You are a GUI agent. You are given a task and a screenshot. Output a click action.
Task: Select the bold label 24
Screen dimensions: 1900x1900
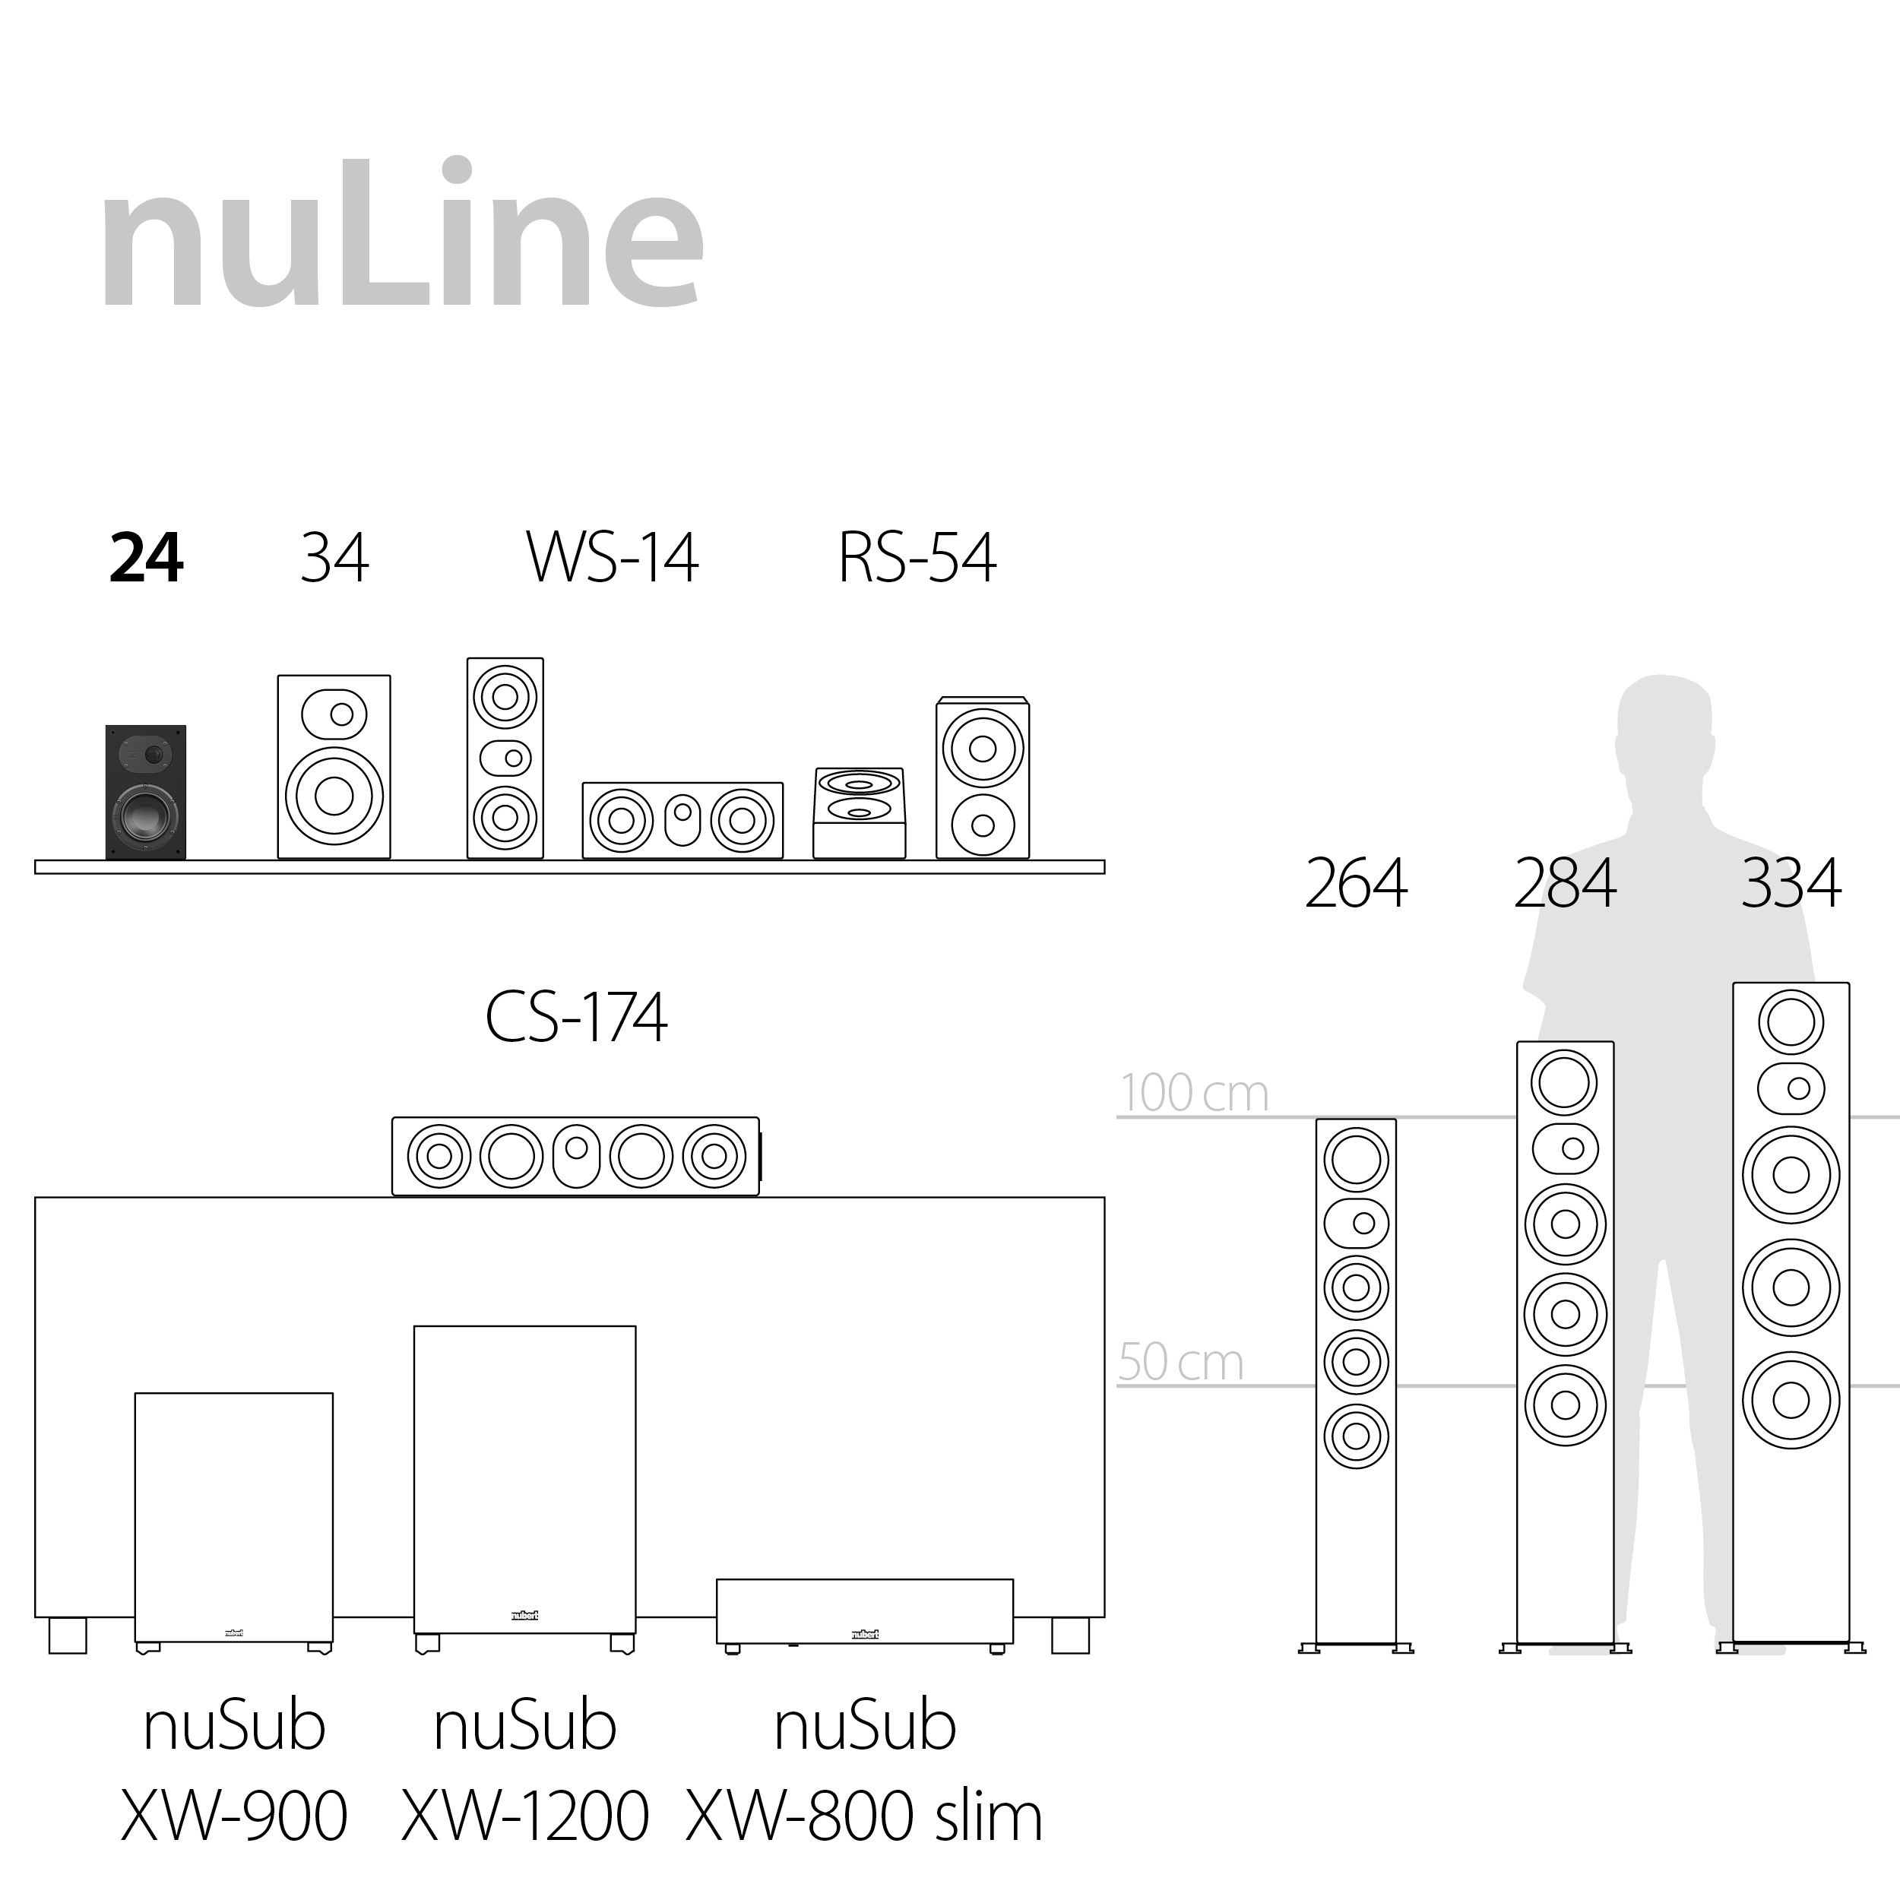[146, 559]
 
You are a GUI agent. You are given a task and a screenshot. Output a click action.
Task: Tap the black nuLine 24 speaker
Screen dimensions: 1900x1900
[146, 792]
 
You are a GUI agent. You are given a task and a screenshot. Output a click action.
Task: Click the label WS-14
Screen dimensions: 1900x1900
[612, 559]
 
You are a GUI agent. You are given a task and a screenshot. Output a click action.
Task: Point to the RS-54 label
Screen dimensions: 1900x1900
[917, 559]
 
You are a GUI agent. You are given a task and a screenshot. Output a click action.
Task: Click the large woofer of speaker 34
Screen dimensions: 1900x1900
[334, 796]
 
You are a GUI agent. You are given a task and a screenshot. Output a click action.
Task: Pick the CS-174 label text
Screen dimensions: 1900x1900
[576, 1018]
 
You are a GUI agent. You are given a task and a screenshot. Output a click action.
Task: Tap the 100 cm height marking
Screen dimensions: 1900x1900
[1194, 1094]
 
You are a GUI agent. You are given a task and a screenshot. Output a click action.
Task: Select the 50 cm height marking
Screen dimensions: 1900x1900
[1180, 1363]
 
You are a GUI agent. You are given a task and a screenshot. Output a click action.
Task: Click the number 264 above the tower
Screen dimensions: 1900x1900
[1355, 883]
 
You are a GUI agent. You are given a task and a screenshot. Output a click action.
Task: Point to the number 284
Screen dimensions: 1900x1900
[1563, 883]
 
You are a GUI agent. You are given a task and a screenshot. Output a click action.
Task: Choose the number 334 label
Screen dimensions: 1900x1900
[1790, 883]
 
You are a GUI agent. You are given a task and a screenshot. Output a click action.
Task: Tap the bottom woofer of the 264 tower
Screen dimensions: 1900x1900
[1356, 1436]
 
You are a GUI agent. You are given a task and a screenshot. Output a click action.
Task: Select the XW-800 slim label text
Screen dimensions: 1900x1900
[863, 1816]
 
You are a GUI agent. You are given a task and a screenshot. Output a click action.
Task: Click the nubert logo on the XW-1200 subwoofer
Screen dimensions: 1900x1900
[524, 1615]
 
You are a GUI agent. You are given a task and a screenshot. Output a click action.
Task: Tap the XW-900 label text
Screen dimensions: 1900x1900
[234, 1816]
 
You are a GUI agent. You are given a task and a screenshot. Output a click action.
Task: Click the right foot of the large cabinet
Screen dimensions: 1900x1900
[1070, 1636]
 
